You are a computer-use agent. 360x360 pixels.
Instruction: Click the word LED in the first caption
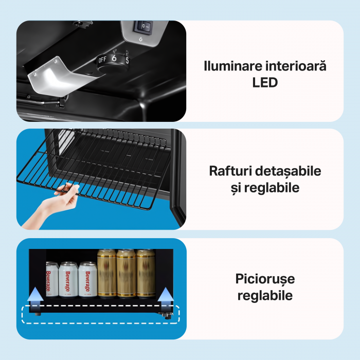point(265,82)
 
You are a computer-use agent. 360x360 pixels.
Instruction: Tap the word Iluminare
point(233,66)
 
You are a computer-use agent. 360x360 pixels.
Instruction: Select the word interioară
point(296,66)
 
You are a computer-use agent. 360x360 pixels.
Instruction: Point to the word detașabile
point(288,171)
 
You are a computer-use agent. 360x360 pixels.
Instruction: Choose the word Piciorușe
point(265,279)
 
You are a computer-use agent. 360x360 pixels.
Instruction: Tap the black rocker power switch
point(143,27)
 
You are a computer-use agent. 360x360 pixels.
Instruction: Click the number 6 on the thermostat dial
point(114,58)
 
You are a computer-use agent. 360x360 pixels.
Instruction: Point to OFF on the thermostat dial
point(102,60)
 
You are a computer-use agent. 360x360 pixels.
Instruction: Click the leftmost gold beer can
point(107,273)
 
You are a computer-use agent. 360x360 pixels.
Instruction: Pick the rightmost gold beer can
point(146,273)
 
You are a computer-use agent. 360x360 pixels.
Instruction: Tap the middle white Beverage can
point(68,279)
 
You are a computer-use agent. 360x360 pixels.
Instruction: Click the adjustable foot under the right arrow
point(167,316)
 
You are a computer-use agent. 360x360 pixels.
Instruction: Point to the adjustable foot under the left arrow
point(38,314)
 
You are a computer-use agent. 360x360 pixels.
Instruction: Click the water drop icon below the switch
point(140,40)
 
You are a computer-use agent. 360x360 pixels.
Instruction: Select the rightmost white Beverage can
point(88,279)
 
